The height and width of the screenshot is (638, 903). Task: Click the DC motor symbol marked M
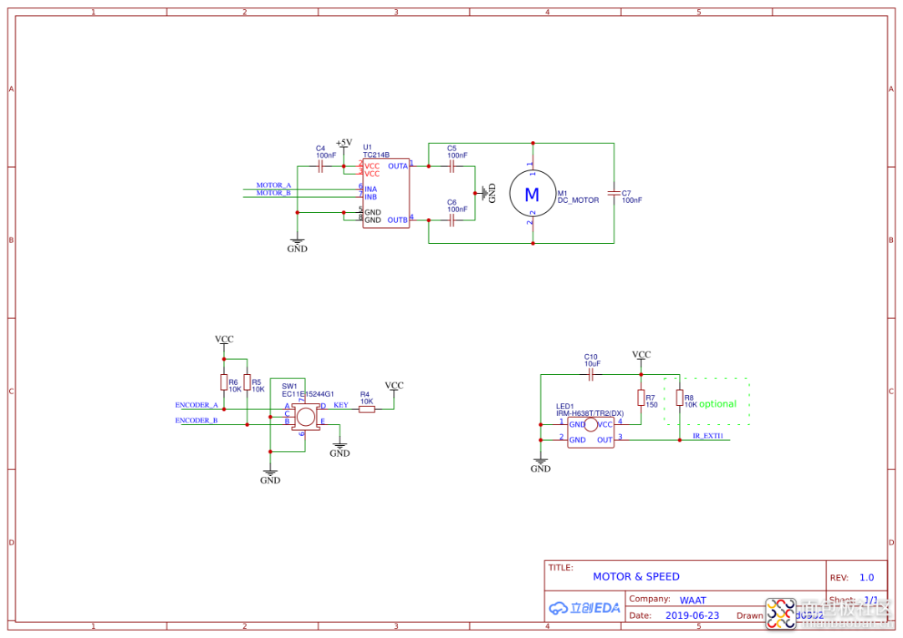pyautogui.click(x=532, y=195)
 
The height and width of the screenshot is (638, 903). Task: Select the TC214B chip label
pyautogui.click(x=376, y=154)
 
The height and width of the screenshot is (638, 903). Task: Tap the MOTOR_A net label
pyautogui.click(x=273, y=185)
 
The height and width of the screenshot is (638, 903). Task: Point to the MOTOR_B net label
pyautogui.click(x=273, y=193)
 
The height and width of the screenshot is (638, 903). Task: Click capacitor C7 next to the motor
pyautogui.click(x=614, y=194)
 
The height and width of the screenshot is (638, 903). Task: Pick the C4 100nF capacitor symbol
pyautogui.click(x=321, y=166)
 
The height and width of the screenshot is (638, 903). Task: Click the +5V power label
pyautogui.click(x=344, y=142)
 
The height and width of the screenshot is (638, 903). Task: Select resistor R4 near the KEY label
pyautogui.click(x=366, y=408)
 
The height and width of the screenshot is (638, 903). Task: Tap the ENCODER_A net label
pyautogui.click(x=196, y=405)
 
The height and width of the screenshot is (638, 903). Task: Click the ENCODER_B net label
pyautogui.click(x=196, y=420)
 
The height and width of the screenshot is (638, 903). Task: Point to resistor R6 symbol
pyautogui.click(x=223, y=382)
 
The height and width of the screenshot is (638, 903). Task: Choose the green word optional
pyautogui.click(x=717, y=404)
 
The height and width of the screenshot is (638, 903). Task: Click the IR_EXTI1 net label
pyautogui.click(x=708, y=436)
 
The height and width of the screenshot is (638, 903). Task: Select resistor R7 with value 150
pyautogui.click(x=641, y=397)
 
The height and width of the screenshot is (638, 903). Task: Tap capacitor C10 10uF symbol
pyautogui.click(x=592, y=375)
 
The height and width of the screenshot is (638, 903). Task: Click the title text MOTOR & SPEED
pyautogui.click(x=635, y=576)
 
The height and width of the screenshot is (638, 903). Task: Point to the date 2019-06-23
pyautogui.click(x=691, y=615)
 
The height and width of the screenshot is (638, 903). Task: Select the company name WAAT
pyautogui.click(x=692, y=600)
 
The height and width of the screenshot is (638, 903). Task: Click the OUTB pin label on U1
pyautogui.click(x=397, y=220)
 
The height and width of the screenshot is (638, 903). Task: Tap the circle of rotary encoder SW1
pyautogui.click(x=306, y=417)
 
